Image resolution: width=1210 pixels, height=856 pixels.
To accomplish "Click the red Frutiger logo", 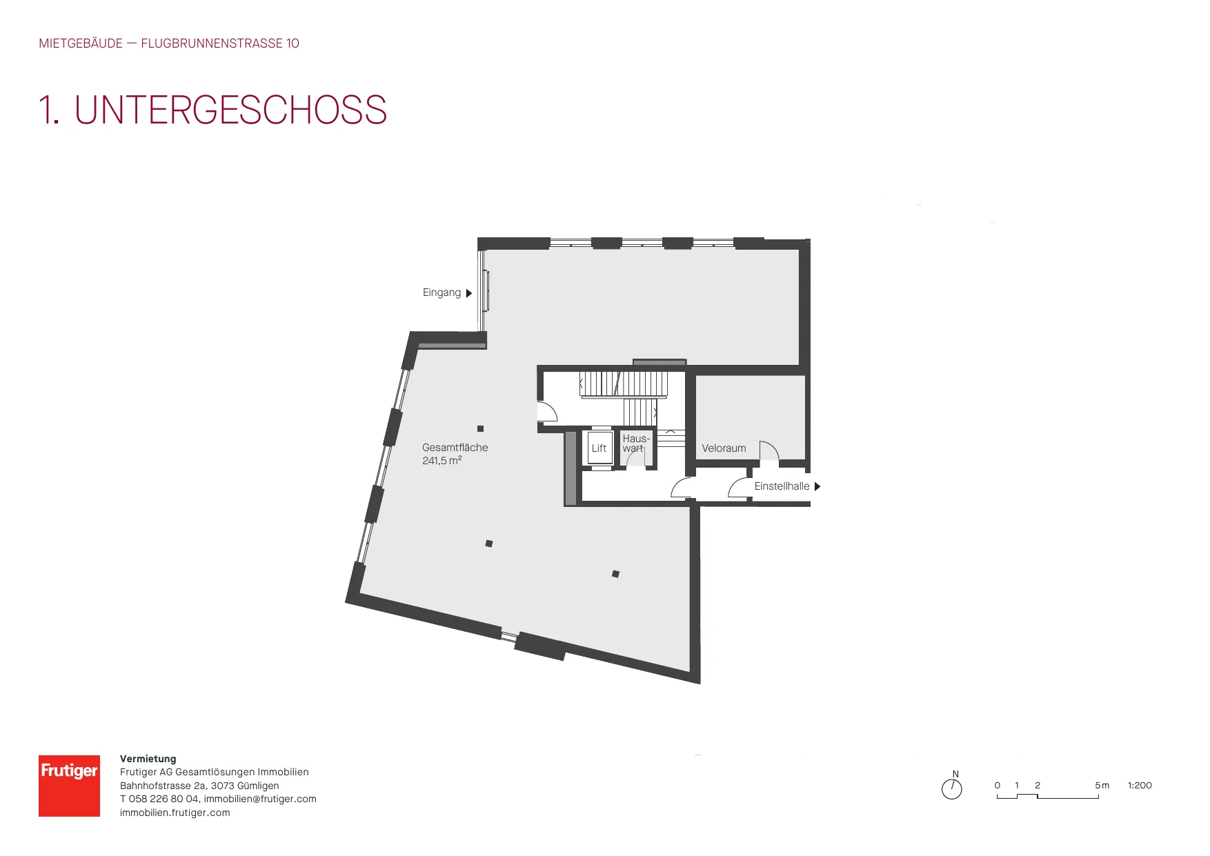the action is tap(69, 786).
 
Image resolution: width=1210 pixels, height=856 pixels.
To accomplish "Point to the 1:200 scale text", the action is tap(1140, 785).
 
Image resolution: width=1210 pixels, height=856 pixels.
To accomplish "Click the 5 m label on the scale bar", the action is tap(1102, 785).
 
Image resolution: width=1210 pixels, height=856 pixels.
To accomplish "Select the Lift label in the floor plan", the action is tap(599, 448).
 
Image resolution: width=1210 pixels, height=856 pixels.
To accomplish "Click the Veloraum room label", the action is tap(724, 448).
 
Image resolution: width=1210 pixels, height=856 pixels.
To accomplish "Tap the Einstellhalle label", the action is tap(782, 486).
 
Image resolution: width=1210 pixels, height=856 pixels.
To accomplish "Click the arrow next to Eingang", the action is tap(469, 293).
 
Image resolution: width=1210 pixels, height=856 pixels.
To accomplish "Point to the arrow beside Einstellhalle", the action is tap(817, 486).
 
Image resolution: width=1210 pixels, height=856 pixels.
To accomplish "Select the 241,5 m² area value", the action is tap(442, 460).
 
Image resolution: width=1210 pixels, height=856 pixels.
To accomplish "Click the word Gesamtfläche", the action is tap(455, 448).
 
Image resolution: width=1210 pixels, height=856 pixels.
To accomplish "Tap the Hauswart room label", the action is tap(636, 443).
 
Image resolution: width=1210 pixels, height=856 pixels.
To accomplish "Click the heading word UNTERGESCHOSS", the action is tap(230, 110).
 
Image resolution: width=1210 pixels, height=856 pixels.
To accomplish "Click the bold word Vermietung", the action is tap(148, 759).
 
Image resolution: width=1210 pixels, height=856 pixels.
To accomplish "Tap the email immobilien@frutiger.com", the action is tap(260, 799).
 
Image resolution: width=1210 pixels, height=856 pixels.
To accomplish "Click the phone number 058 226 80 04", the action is tap(164, 799).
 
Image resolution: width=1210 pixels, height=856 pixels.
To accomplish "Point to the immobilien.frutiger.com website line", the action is tap(175, 813).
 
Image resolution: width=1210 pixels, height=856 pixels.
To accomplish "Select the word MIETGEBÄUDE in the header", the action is tap(81, 43).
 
